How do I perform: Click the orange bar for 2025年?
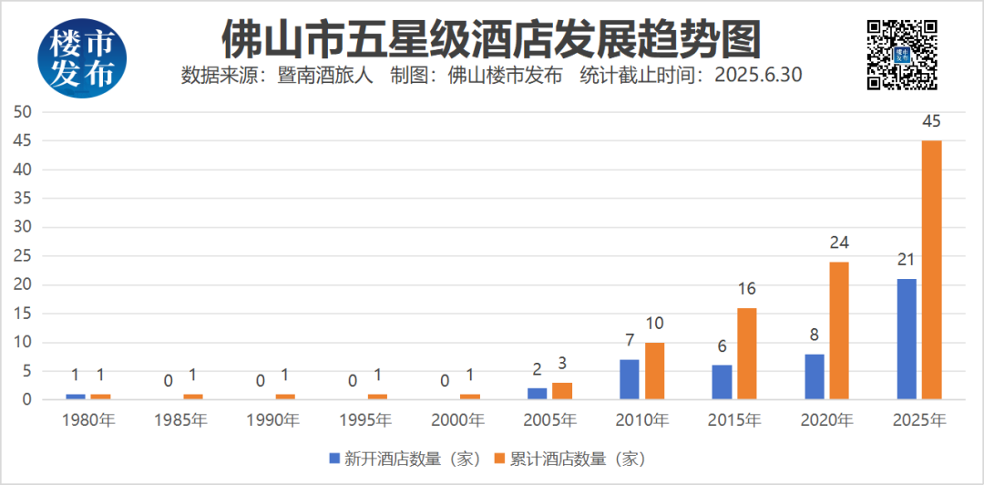931,270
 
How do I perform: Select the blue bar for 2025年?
907,339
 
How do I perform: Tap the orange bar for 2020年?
839,330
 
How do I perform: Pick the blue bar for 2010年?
630,379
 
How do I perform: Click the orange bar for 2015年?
747,354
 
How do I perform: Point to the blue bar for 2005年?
538,394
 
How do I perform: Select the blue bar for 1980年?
76,397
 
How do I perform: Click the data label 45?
931,122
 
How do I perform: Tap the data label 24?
839,242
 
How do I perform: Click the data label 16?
747,289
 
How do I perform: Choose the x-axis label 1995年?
364,420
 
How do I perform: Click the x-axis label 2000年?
457,420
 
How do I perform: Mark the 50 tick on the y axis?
22,112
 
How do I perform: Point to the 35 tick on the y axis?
22,199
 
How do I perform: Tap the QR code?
901,55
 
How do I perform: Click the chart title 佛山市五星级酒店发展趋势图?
491,38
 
